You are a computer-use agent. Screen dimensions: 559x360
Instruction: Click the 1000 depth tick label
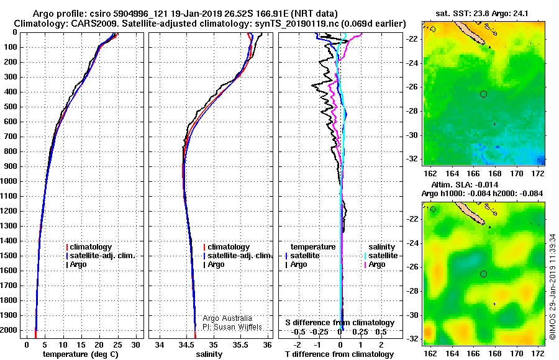[9, 181]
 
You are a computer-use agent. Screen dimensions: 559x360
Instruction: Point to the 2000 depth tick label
[9, 330]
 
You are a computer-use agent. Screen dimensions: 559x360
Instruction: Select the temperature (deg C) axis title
[81, 354]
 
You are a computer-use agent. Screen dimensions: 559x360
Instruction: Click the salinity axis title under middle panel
[209, 354]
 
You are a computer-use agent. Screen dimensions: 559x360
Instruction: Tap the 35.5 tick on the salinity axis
[240, 345]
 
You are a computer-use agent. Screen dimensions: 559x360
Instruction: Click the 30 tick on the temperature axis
[135, 345]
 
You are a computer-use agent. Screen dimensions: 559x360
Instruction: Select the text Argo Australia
[227, 318]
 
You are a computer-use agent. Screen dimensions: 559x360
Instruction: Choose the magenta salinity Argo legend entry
[375, 264]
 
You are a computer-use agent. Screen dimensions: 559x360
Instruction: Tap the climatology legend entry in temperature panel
[89, 247]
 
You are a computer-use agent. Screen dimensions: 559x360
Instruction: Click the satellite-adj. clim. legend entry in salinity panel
[238, 256]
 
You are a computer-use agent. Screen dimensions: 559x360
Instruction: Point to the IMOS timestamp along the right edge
[553, 287]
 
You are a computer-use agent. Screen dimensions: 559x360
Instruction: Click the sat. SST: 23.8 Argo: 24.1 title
[482, 14]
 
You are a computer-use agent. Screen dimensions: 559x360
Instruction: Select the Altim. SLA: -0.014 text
[465, 184]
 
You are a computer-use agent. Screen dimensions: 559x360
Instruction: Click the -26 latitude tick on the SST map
[412, 87]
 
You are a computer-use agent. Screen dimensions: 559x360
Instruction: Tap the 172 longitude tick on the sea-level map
[539, 353]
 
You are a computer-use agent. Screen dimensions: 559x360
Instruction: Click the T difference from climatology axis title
[339, 354]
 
